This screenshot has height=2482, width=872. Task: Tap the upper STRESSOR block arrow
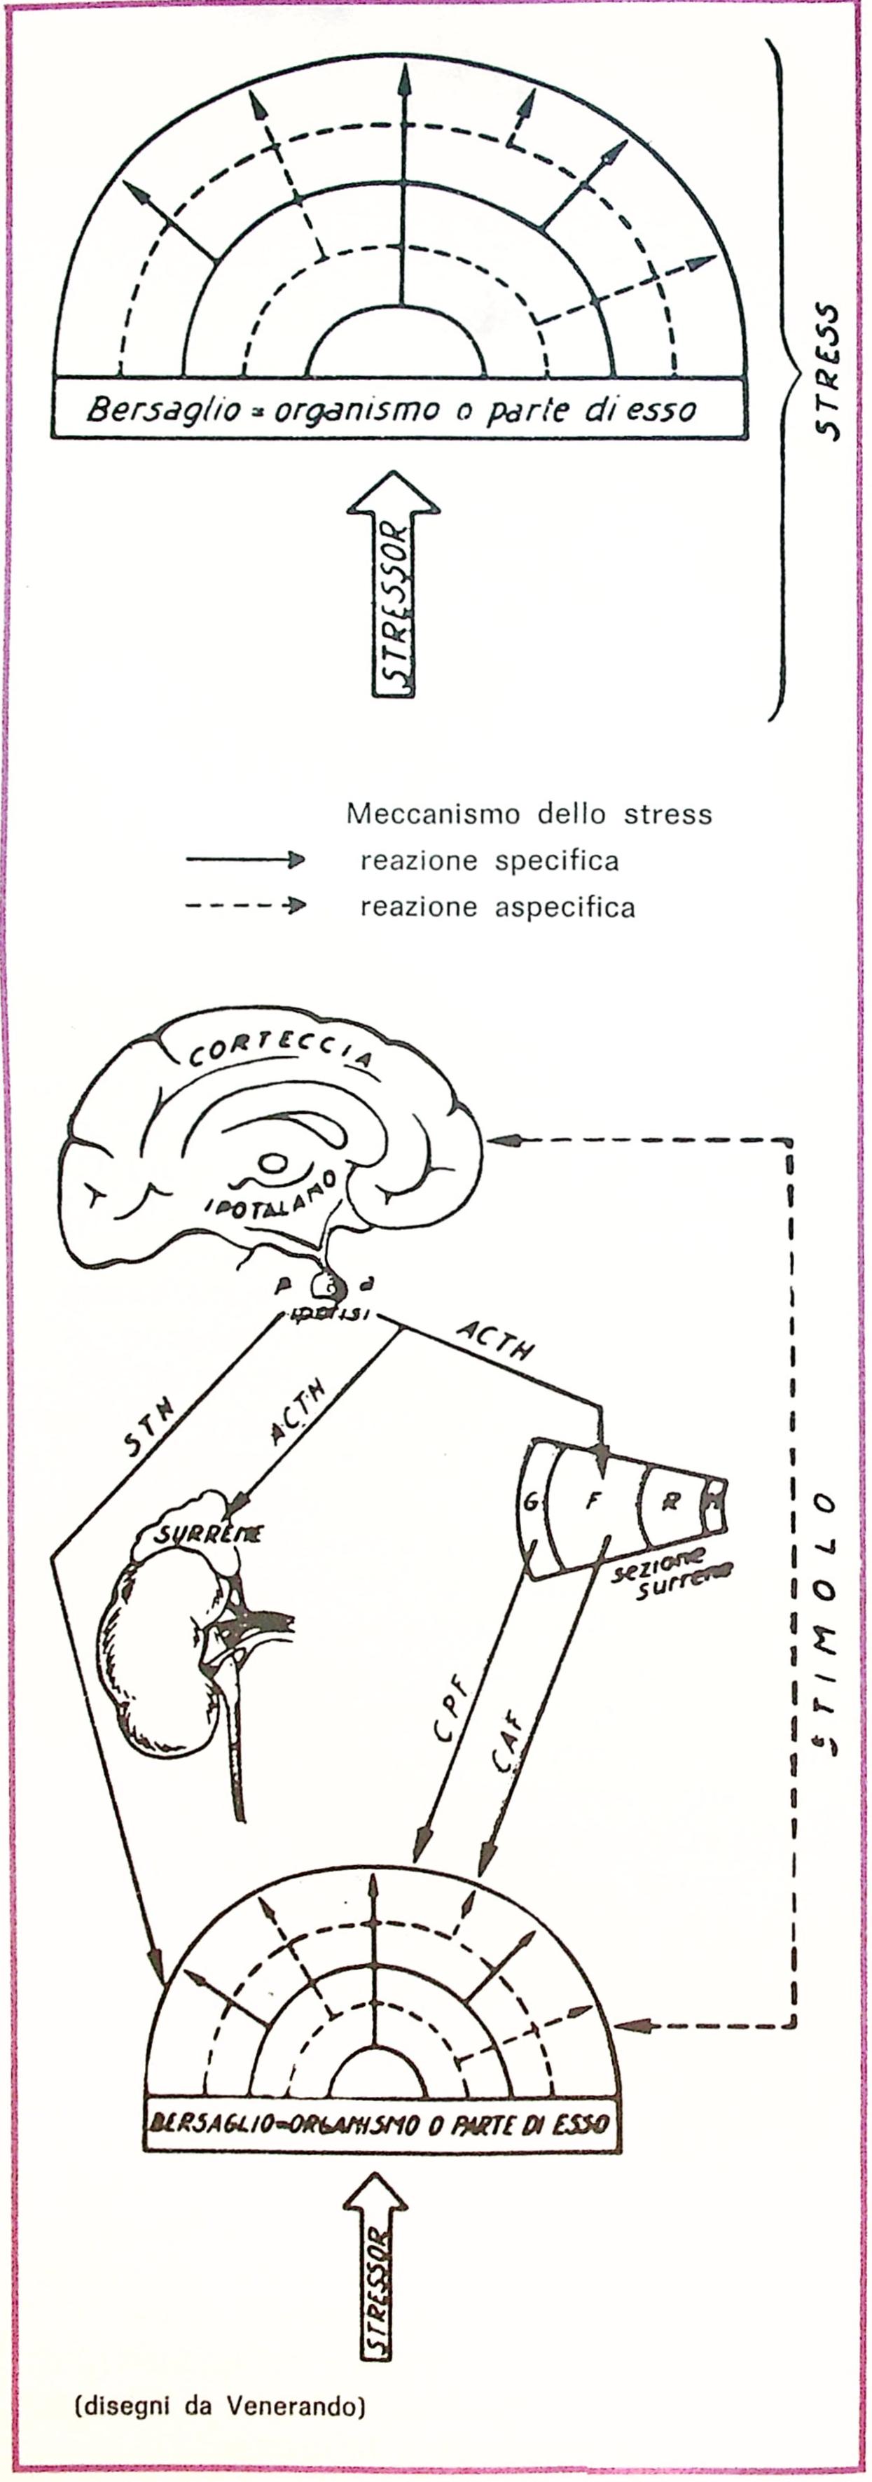(x=393, y=587)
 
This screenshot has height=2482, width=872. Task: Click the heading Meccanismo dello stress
(x=529, y=814)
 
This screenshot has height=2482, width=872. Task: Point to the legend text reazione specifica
(x=490, y=860)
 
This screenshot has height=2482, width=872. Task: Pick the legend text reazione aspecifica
(x=497, y=907)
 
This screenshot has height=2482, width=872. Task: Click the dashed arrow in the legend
(x=246, y=906)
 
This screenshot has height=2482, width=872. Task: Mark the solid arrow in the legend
(x=246, y=860)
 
